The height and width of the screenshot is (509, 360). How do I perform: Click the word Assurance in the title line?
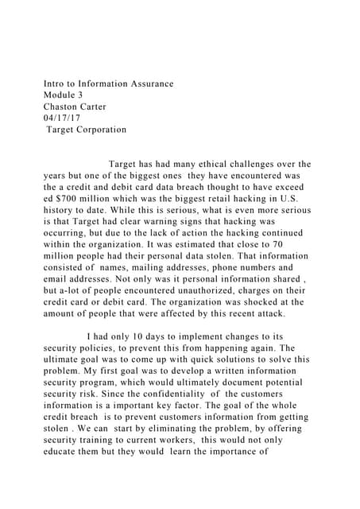pyautogui.click(x=148, y=84)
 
